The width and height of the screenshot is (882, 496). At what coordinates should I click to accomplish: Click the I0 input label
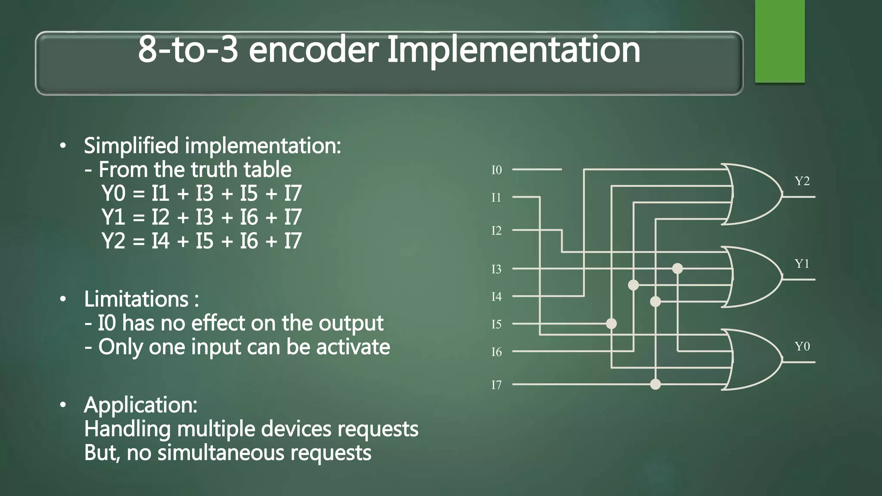[x=497, y=170]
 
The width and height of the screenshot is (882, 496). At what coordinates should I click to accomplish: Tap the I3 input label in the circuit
[x=497, y=269]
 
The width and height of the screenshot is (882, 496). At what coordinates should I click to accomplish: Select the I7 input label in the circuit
[x=497, y=384]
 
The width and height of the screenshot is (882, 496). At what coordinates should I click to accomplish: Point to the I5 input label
[x=497, y=324]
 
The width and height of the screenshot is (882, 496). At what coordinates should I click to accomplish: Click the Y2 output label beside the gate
[x=802, y=181]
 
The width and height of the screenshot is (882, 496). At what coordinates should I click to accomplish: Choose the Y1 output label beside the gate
[x=802, y=263]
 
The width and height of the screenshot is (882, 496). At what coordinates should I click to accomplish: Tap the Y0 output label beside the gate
[x=802, y=346]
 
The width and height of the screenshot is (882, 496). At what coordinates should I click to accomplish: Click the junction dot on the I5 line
[x=611, y=323]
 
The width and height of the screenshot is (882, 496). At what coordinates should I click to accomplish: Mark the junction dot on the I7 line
[x=655, y=384]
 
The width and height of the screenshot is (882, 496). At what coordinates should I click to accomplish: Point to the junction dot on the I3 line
[x=677, y=269]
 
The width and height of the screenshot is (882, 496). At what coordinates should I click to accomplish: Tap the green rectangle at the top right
[x=780, y=41]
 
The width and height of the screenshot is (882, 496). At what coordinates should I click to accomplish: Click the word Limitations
[x=136, y=299]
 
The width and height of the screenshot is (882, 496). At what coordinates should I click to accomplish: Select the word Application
[x=140, y=405]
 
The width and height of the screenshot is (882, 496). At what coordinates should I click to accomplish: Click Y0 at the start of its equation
[x=113, y=193]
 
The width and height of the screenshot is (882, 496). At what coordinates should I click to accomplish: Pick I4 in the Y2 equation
[x=160, y=241]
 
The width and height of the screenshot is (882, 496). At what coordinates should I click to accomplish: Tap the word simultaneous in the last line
[x=221, y=453]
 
